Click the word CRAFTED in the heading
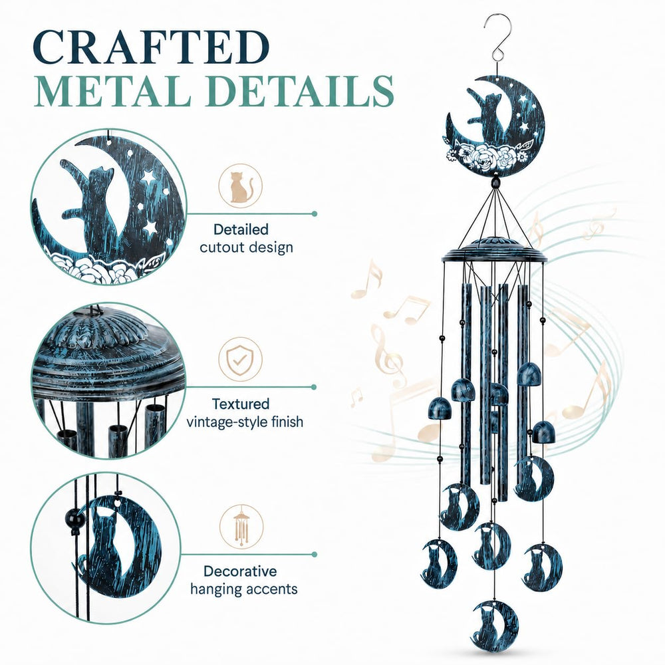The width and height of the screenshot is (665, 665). [x=150, y=47]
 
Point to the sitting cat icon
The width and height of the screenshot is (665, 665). [x=241, y=186]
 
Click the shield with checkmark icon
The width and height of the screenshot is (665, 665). [x=241, y=360]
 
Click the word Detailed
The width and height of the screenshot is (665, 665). [x=241, y=229]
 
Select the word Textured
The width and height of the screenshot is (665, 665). [x=241, y=404]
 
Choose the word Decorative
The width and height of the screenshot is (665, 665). [x=240, y=571]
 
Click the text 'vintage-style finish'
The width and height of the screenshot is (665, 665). [x=245, y=422]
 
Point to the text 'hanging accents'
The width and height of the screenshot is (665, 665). [x=244, y=589]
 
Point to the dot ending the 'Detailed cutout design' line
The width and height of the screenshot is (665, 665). [x=315, y=213]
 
